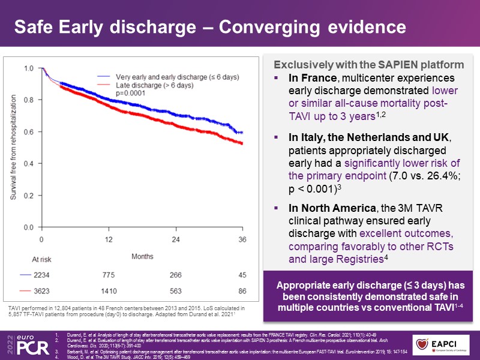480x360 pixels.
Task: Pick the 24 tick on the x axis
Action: tap(175, 240)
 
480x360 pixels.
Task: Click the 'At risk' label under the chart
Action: tap(42, 259)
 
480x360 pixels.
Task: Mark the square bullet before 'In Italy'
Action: tap(277, 138)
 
